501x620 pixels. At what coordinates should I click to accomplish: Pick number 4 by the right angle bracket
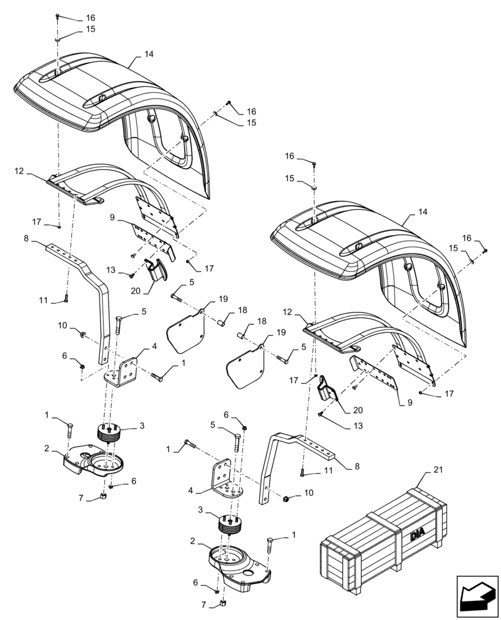[192, 490]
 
